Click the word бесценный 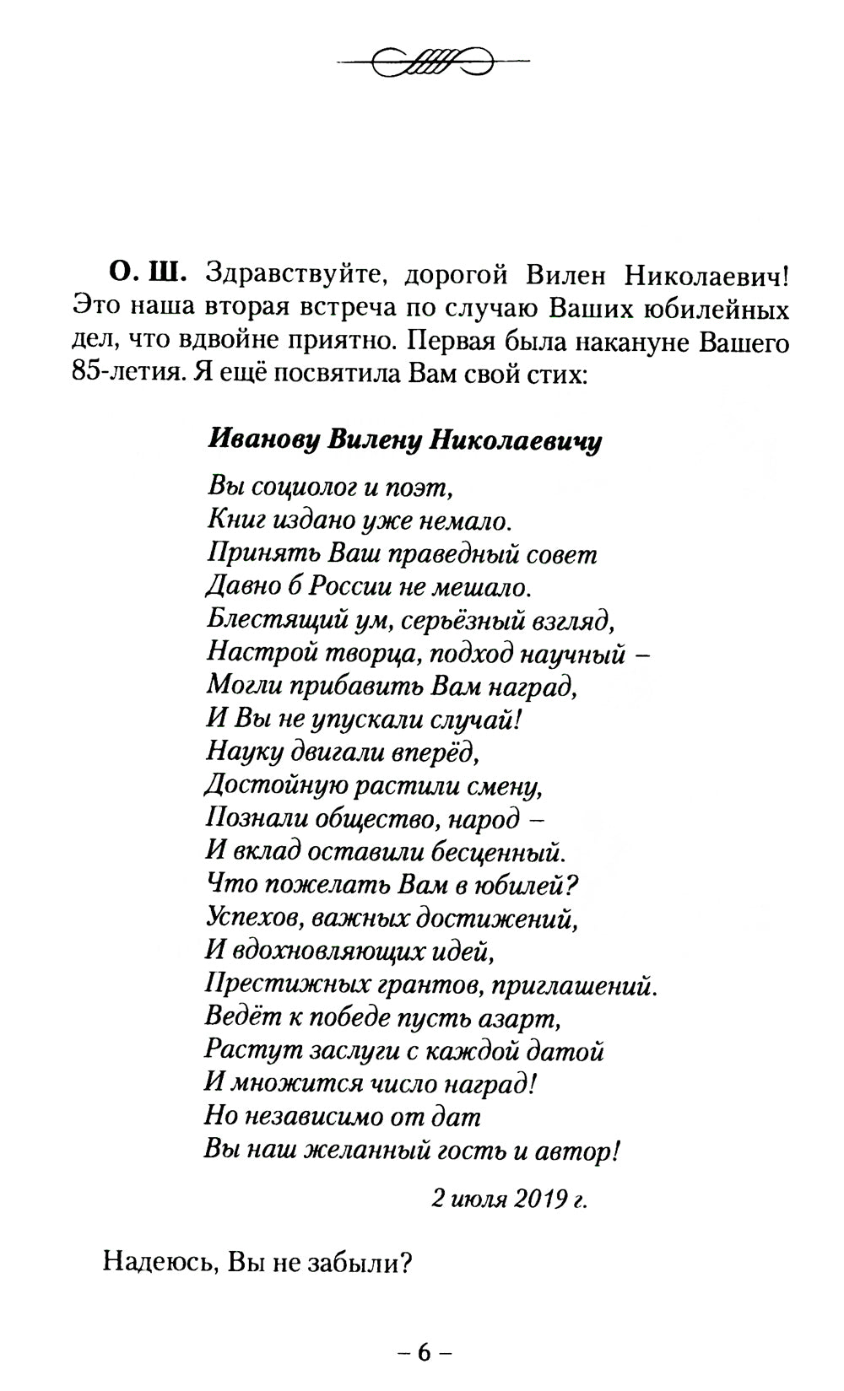point(498,852)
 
